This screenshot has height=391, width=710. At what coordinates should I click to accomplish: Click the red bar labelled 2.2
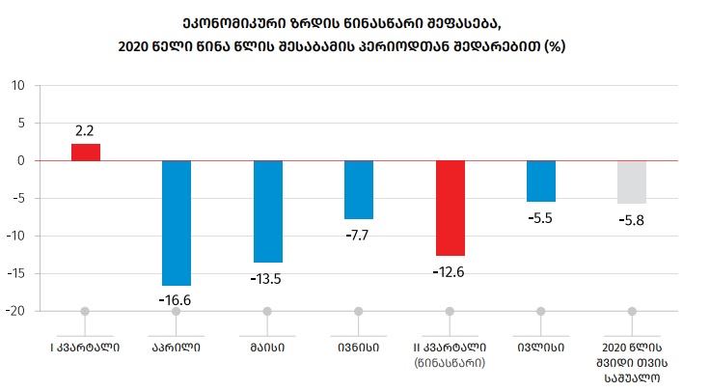[86, 152]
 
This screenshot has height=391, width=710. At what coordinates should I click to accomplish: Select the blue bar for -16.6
[177, 222]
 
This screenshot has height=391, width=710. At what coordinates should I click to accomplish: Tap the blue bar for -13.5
[267, 210]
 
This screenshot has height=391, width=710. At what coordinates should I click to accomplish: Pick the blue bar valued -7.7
[359, 189]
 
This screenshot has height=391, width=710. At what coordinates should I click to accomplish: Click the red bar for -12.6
[450, 208]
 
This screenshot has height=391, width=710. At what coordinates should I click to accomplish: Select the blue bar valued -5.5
[541, 181]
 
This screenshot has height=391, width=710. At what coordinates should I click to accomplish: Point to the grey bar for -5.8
[632, 182]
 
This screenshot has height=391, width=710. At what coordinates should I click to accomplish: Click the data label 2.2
[86, 129]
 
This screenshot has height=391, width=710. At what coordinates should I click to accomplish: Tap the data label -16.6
[177, 299]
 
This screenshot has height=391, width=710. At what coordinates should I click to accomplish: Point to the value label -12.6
[450, 270]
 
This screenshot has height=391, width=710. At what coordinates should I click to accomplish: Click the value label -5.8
[632, 219]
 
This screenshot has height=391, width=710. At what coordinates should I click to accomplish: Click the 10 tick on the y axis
[17, 85]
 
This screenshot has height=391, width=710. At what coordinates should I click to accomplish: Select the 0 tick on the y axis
[20, 160]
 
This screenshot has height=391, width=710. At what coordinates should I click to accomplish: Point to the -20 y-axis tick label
[15, 311]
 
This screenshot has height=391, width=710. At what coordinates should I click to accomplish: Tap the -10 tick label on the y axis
[15, 236]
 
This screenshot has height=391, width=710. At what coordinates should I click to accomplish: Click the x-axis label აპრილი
[177, 346]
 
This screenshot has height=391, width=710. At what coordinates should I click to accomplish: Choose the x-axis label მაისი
[267, 346]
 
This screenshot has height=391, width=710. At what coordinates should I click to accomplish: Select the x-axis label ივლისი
[541, 346]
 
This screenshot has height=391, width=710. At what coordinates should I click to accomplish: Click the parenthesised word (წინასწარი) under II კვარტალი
[450, 362]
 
